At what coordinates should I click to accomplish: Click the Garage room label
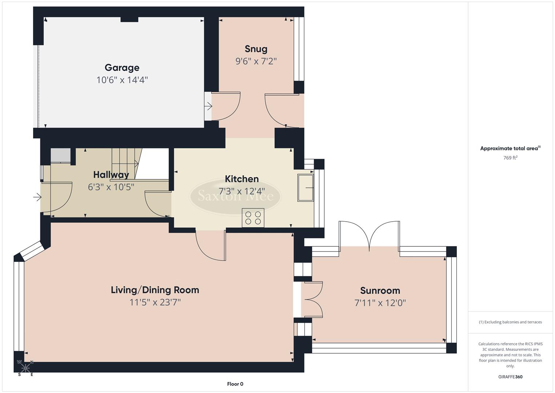[x=122, y=68]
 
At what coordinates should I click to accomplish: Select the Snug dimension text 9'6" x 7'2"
[x=256, y=61]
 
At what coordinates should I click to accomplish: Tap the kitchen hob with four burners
[x=253, y=218]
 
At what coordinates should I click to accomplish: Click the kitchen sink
[x=305, y=187]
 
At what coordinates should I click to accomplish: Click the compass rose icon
[x=25, y=368]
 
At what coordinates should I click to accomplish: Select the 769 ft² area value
[x=510, y=158]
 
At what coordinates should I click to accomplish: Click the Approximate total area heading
[x=510, y=148]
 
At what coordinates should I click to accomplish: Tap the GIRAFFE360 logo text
[x=510, y=377]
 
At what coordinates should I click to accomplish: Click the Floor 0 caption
[x=235, y=384]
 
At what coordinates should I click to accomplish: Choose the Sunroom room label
[x=380, y=290]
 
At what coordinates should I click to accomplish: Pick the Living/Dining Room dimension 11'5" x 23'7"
[x=155, y=302]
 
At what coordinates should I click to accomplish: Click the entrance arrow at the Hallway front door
[x=37, y=197]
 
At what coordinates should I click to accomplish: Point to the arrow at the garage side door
[x=209, y=107]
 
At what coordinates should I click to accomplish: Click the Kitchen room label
[x=242, y=179]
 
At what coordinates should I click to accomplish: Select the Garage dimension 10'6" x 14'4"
[x=122, y=80]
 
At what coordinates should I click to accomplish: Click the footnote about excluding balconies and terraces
[x=510, y=322]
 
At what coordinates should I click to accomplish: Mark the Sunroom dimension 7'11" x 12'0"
[x=380, y=303]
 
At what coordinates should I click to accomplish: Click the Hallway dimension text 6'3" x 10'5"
[x=111, y=187]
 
